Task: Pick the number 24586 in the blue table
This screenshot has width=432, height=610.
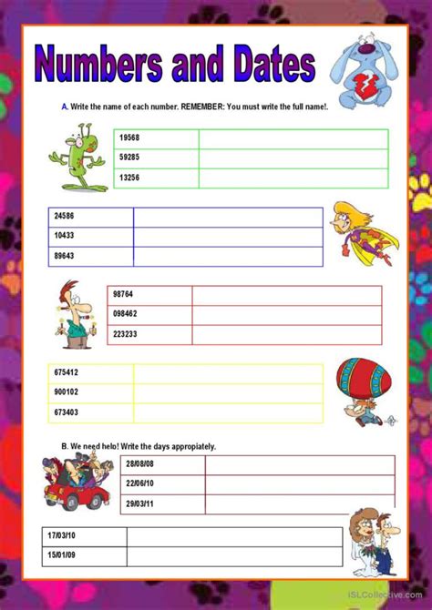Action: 65,217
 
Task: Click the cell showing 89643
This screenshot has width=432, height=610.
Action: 65,256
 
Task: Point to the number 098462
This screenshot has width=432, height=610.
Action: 125,314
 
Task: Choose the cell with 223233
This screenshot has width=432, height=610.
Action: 125,334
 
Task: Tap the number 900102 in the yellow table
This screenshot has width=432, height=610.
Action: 67,392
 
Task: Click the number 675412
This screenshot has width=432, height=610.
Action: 67,372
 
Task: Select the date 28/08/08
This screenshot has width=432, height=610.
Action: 139,465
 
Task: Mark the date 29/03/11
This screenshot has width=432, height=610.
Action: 139,504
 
